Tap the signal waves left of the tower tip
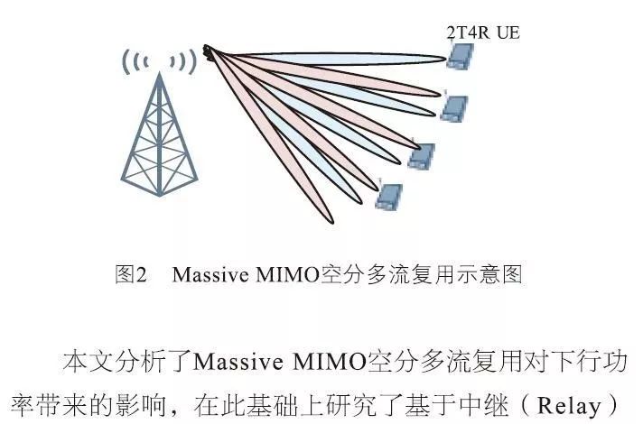coord(134,63)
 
